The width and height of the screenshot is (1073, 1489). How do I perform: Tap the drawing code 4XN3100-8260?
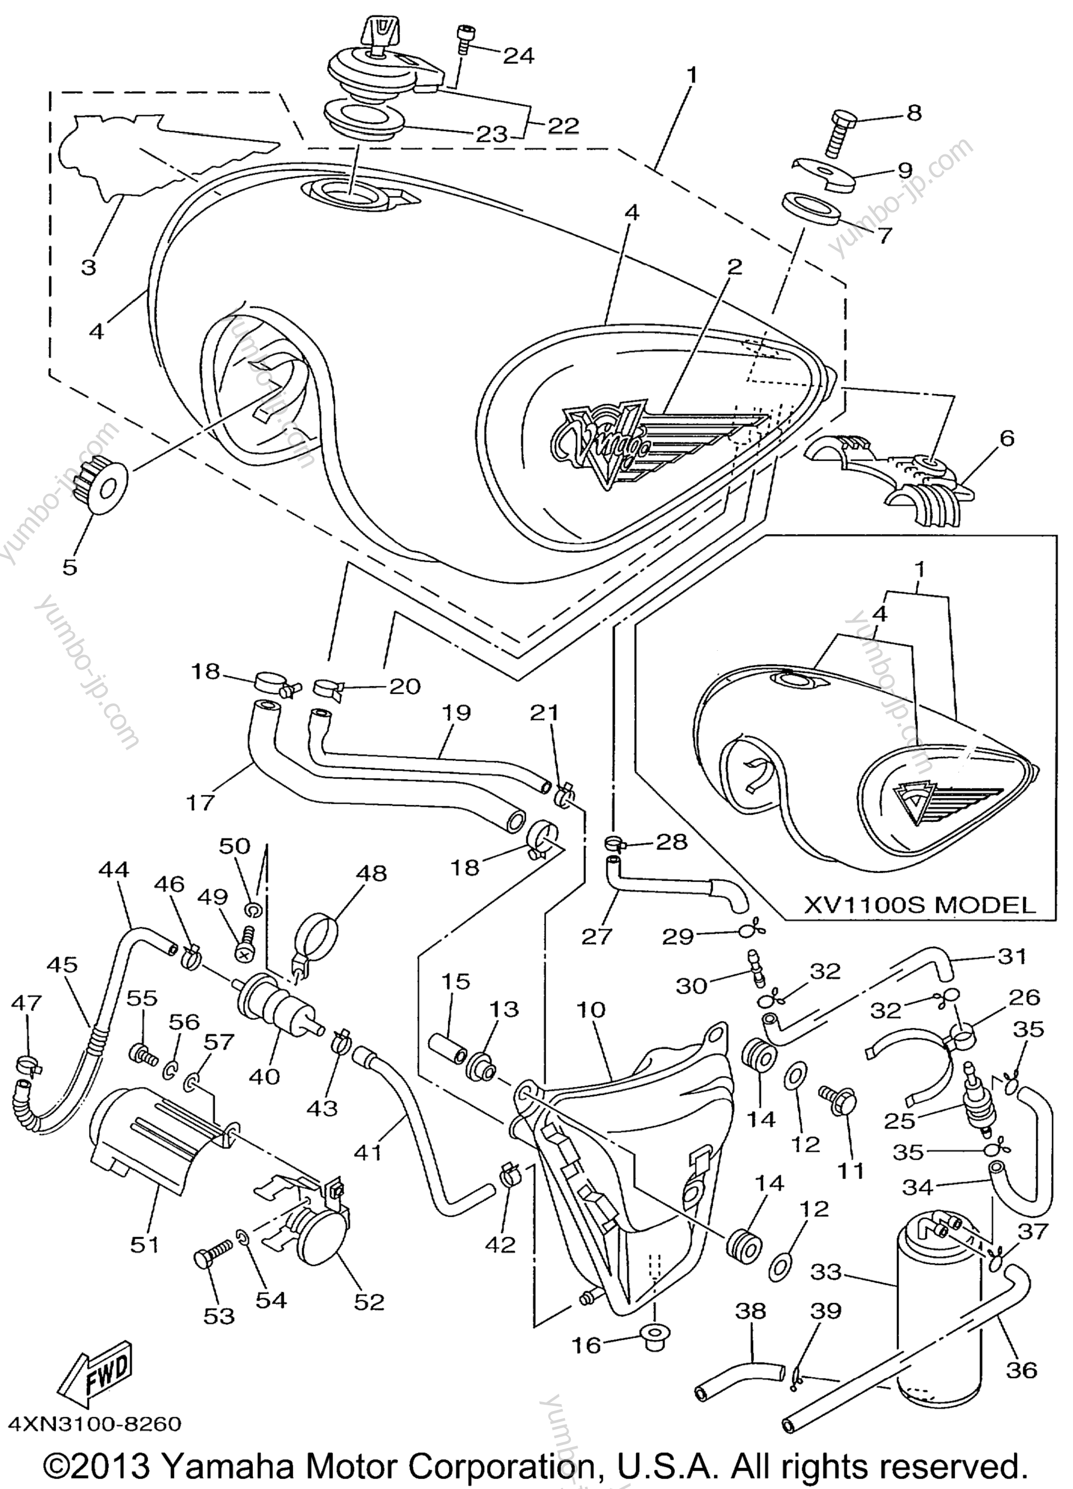click(94, 1424)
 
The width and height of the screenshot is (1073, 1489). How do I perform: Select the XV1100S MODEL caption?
click(920, 905)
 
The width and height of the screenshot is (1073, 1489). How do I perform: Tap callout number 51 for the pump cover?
click(145, 1244)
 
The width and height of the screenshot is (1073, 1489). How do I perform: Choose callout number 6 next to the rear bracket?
click(1006, 438)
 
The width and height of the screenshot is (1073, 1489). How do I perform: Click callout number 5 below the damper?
click(70, 566)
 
